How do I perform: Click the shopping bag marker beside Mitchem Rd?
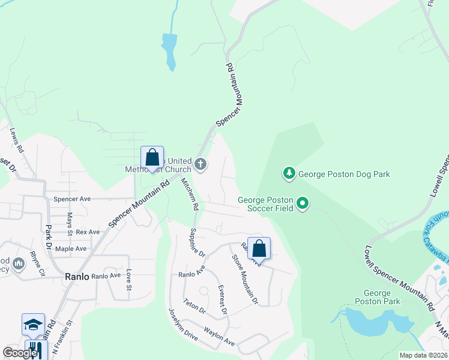[152, 158]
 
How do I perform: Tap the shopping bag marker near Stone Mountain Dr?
[259, 248]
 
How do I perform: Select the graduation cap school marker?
[33, 325]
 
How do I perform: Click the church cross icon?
[200, 164]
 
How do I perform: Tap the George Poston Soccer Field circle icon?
[303, 204]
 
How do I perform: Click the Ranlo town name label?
[77, 277]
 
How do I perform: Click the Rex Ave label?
[88, 232]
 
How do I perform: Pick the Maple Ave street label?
[71, 248]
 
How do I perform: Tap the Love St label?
[128, 280]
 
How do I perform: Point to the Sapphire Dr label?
[197, 242]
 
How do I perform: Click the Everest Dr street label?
[221, 299]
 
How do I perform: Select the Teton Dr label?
[194, 307]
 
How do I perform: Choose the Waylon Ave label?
[219, 335]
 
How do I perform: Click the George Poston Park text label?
[378, 297]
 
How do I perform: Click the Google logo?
[20, 353]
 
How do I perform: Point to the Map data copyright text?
[423, 355]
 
